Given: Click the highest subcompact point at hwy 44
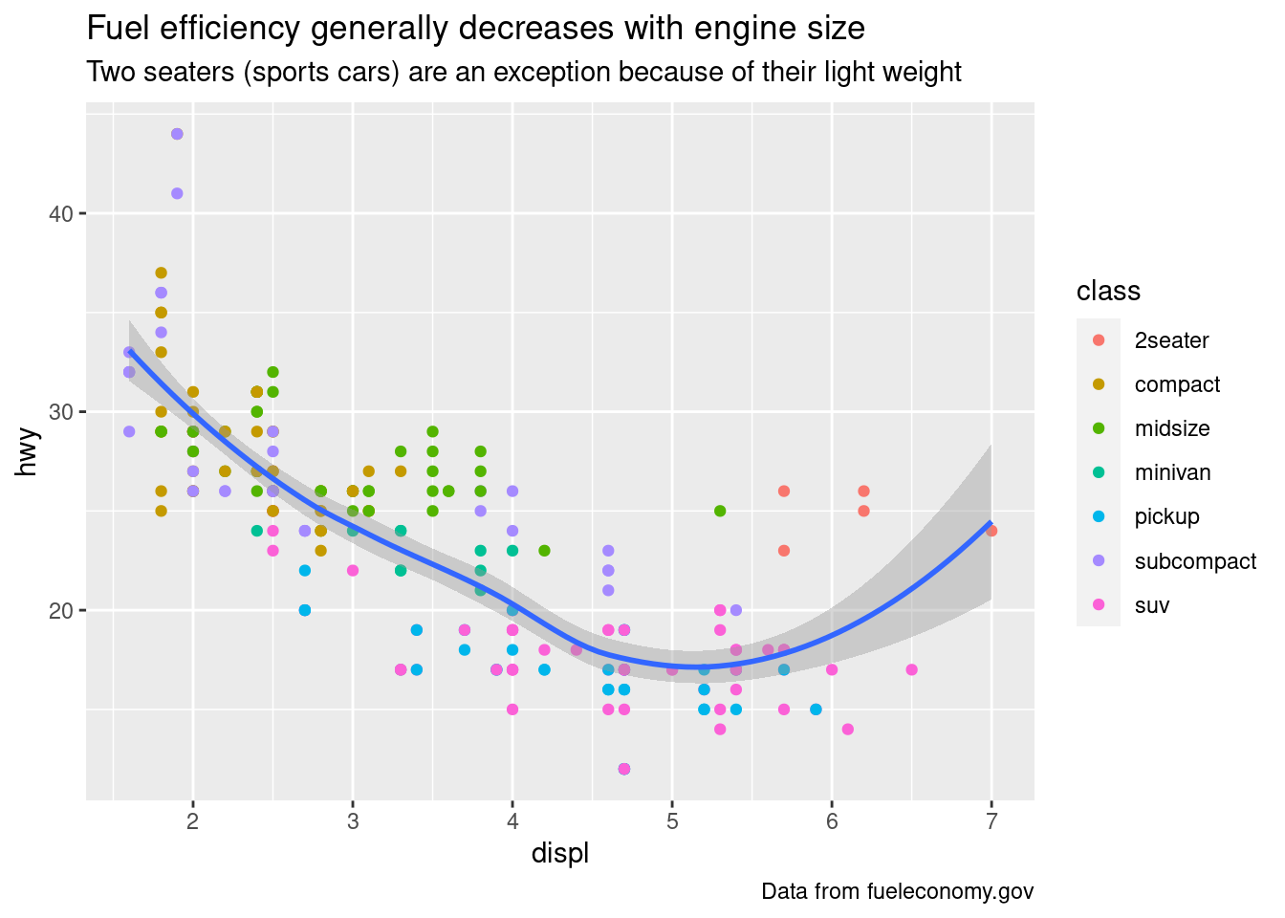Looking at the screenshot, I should click(177, 134).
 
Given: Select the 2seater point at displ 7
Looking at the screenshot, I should click(991, 531).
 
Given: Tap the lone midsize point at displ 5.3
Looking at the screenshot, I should click(720, 511).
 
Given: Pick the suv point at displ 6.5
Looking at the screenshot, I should click(911, 669).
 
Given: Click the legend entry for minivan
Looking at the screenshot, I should click(1172, 472).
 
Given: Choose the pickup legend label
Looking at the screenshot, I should click(1166, 516).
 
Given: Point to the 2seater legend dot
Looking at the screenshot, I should click(1099, 340).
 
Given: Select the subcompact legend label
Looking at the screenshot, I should click(1195, 561).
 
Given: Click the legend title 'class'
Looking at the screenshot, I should click(1108, 291).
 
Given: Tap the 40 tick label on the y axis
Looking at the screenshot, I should click(61, 213).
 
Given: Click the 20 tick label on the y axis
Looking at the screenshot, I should click(61, 610).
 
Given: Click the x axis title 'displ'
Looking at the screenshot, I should click(560, 854).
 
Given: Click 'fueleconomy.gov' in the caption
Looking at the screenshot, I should click(950, 891).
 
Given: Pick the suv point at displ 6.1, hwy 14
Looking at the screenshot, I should click(847, 730).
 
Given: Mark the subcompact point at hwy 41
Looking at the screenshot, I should click(177, 193).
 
